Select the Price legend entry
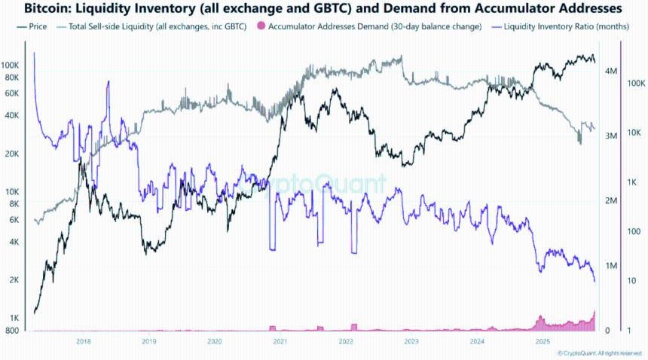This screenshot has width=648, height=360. click(35, 26)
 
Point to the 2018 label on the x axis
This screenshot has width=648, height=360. click(83, 341)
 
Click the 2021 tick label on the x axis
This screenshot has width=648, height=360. click(280, 341)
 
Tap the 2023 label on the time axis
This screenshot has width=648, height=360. click(411, 341)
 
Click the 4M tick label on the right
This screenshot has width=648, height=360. click(612, 71)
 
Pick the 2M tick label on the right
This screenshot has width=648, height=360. click(612, 201)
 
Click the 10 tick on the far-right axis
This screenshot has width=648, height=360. click(633, 281)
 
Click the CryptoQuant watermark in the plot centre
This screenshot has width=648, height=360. click(320, 183)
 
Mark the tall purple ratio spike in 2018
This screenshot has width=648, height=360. click(109, 83)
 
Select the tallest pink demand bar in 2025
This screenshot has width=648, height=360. click(595, 312)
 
